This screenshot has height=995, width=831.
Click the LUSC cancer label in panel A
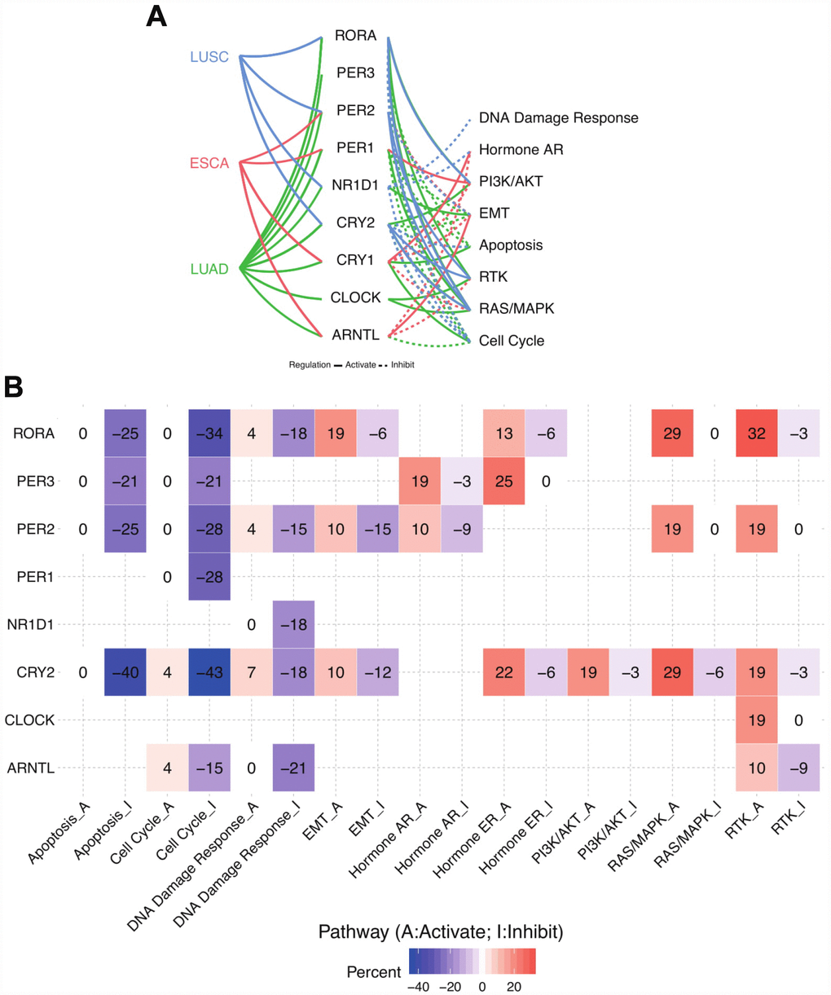tap(209, 57)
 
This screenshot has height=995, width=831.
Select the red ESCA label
tap(209, 163)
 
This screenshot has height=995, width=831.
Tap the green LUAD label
tap(209, 269)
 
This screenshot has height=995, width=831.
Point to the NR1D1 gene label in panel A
tap(355, 185)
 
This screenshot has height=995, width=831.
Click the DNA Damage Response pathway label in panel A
tap(558, 118)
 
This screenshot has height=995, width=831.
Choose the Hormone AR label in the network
tap(521, 150)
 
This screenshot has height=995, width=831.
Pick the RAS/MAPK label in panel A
tap(516, 309)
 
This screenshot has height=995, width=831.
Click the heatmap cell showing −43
tap(209, 672)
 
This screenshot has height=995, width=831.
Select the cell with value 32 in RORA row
tap(756, 434)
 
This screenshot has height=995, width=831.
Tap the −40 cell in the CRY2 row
tap(125, 672)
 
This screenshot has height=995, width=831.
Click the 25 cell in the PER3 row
tap(503, 482)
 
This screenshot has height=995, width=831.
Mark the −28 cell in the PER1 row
tap(209, 577)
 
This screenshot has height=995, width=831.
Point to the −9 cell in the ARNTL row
tap(798, 768)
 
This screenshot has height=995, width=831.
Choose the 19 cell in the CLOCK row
tap(756, 720)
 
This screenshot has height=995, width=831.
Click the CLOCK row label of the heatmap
tap(29, 720)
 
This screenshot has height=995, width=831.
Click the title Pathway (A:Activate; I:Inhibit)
tap(440, 931)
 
